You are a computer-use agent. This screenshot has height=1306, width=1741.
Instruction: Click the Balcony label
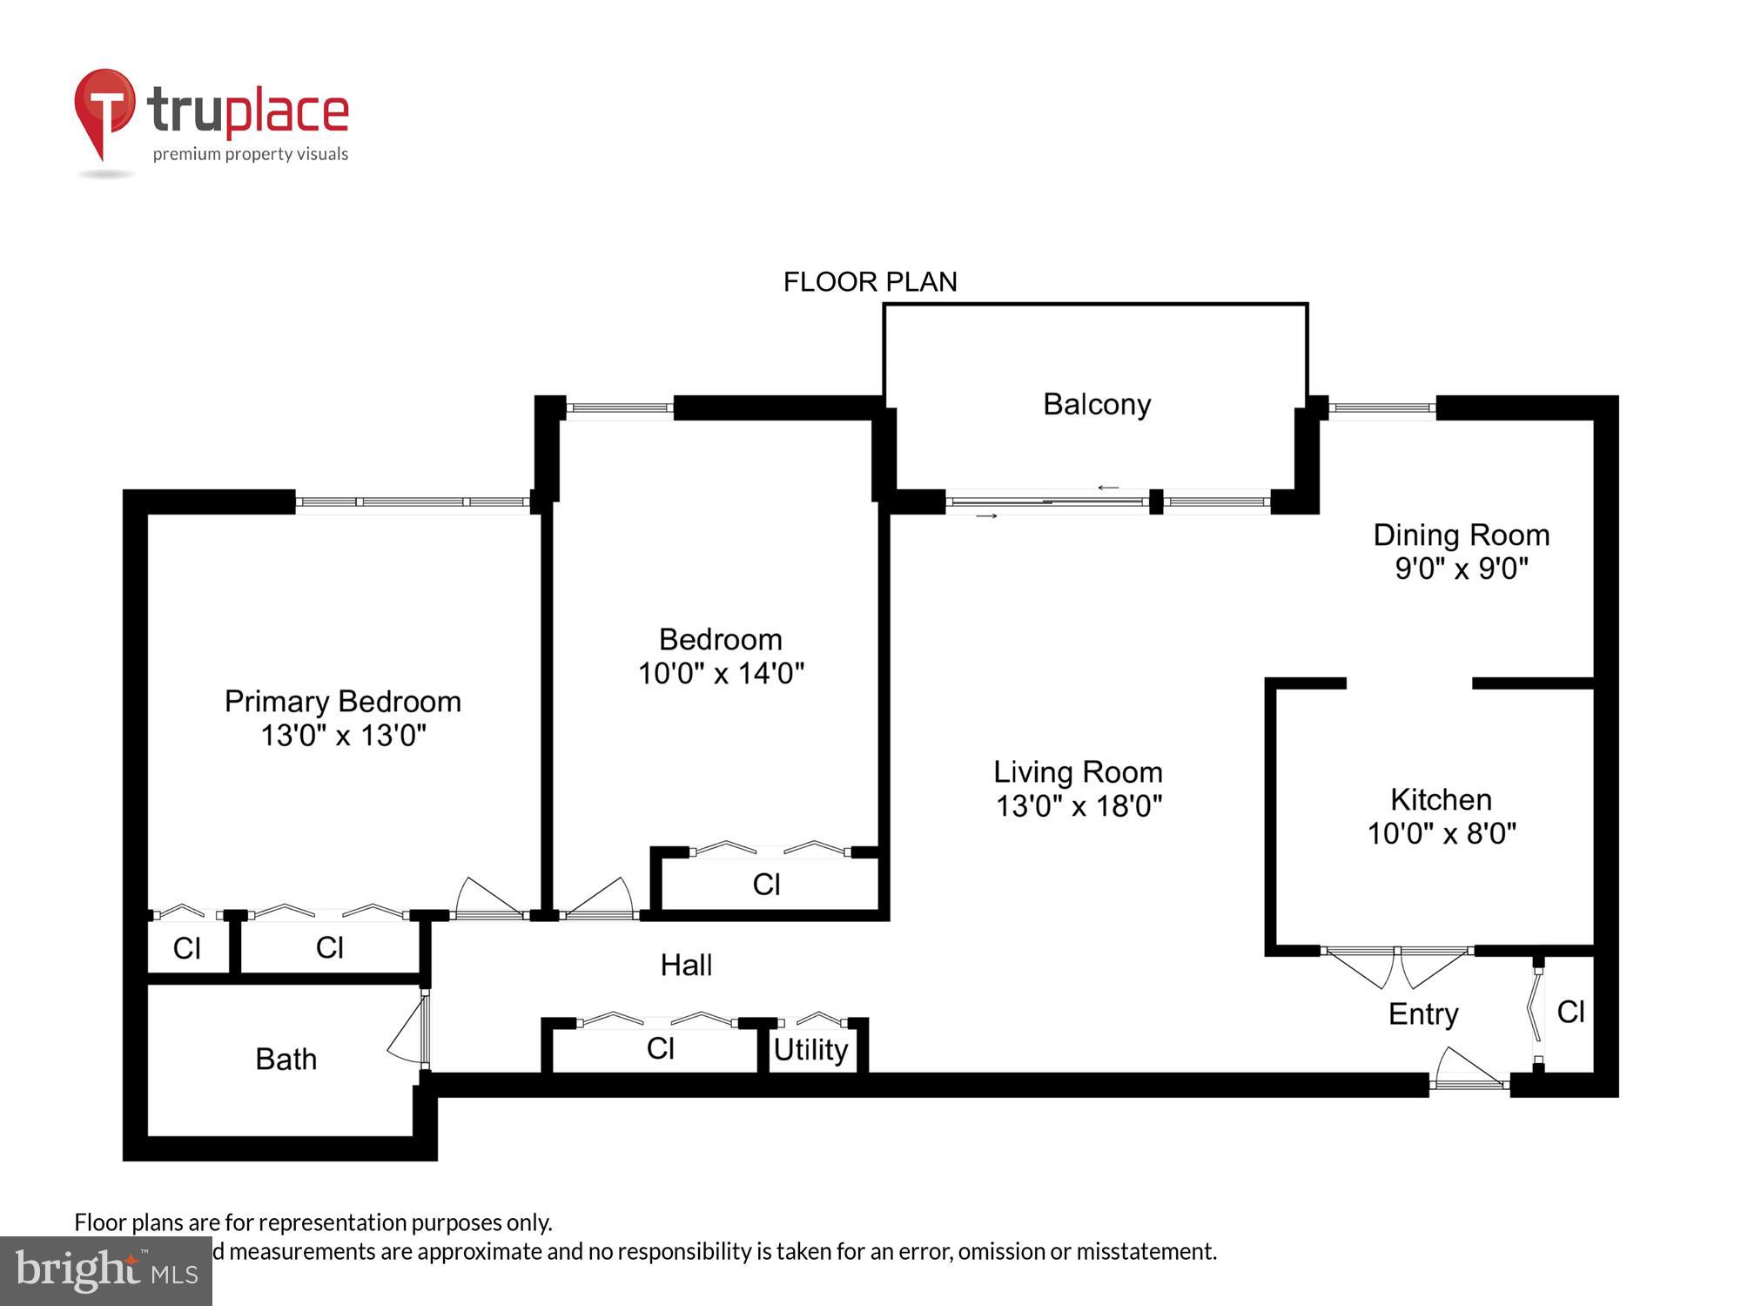1097,404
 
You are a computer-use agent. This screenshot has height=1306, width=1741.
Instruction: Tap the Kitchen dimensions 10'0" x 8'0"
1442,833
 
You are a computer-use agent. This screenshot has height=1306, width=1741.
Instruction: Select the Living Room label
1078,772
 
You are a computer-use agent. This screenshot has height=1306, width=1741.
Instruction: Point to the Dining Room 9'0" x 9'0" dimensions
1462,569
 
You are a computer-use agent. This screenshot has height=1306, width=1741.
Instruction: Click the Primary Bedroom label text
342,702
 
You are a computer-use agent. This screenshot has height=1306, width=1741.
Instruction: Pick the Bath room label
286,1059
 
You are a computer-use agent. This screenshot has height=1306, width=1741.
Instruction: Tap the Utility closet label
810,1049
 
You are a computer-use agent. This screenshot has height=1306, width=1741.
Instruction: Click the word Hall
686,965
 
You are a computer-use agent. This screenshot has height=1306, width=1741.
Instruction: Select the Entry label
1423,1013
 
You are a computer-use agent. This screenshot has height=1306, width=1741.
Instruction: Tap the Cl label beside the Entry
1570,1012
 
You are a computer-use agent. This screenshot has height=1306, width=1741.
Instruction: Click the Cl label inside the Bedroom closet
766,885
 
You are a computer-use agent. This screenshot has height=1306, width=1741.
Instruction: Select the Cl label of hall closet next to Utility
660,1048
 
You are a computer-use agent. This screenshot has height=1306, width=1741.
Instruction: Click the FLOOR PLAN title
870,282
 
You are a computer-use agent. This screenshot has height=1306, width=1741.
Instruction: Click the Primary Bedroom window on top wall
413,502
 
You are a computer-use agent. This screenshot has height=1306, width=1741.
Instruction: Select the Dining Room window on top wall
1381,407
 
